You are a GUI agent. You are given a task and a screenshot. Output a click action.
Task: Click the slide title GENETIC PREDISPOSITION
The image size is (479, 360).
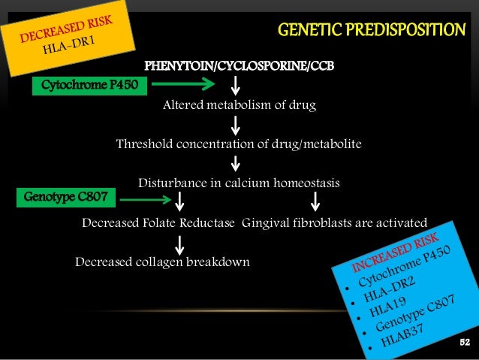click(x=372, y=31)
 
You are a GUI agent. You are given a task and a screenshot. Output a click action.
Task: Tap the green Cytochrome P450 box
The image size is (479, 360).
click(x=89, y=85)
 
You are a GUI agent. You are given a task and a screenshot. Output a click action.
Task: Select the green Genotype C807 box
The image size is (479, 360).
click(x=66, y=198)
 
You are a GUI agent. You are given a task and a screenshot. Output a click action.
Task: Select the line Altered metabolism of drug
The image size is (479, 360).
click(x=239, y=105)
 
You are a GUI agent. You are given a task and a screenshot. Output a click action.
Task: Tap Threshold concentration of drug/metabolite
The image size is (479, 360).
click(x=239, y=144)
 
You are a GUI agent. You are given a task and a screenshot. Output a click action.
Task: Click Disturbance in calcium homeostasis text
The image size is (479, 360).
click(x=239, y=183)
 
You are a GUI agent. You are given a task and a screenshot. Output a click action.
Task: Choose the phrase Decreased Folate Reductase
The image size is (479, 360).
click(x=158, y=222)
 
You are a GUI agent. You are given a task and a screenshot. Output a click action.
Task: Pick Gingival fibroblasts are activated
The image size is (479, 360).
click(x=335, y=222)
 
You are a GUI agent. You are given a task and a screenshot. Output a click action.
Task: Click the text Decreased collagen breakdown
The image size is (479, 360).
click(x=162, y=262)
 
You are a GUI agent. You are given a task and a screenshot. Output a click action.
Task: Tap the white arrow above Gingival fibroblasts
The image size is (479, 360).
click(x=315, y=200)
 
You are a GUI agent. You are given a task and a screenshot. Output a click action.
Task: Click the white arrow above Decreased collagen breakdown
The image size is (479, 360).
click(x=180, y=243)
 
